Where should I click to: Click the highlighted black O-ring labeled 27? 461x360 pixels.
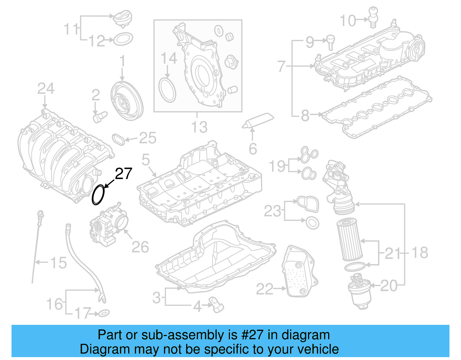pos(98,195)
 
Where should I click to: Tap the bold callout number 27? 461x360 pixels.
pos(124,174)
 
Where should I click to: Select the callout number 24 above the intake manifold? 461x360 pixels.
pos(46,89)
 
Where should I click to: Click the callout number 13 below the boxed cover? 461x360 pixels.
pos(199,127)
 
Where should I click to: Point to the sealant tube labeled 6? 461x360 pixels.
pos(258,120)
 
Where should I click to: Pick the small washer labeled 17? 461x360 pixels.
pos(104,313)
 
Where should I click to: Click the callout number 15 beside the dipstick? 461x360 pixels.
pos(58,263)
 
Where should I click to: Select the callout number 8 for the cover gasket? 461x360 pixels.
pos(305,116)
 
